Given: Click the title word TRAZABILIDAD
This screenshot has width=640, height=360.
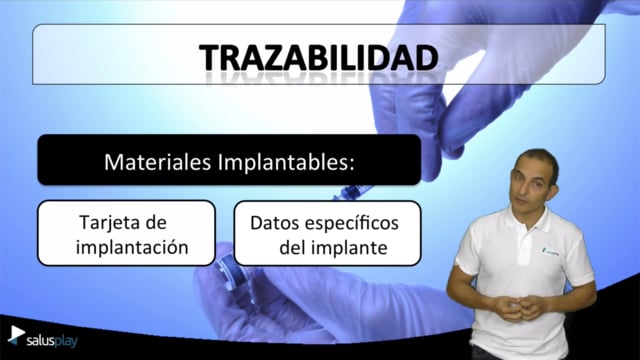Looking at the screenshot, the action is [319, 58].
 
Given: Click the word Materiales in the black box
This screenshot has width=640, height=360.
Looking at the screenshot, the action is [158, 162].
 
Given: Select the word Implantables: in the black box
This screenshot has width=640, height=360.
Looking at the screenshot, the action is [286, 162].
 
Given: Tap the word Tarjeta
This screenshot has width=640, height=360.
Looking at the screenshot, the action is [109, 223].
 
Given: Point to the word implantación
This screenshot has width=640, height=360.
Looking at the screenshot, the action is [132, 247].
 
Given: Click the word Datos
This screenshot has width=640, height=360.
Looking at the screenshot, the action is [274, 223].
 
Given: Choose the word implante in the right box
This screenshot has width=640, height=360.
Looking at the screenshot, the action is [352, 247].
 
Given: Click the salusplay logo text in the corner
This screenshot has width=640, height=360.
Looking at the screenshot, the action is [52, 341].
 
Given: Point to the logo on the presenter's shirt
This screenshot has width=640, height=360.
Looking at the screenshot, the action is [549, 250].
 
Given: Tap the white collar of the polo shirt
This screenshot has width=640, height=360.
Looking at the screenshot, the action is [527, 218].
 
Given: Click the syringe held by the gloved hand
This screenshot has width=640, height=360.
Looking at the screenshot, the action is [353, 192].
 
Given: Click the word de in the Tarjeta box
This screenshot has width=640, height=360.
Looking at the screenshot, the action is [156, 223].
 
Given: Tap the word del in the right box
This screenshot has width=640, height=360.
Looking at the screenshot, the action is [295, 247].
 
